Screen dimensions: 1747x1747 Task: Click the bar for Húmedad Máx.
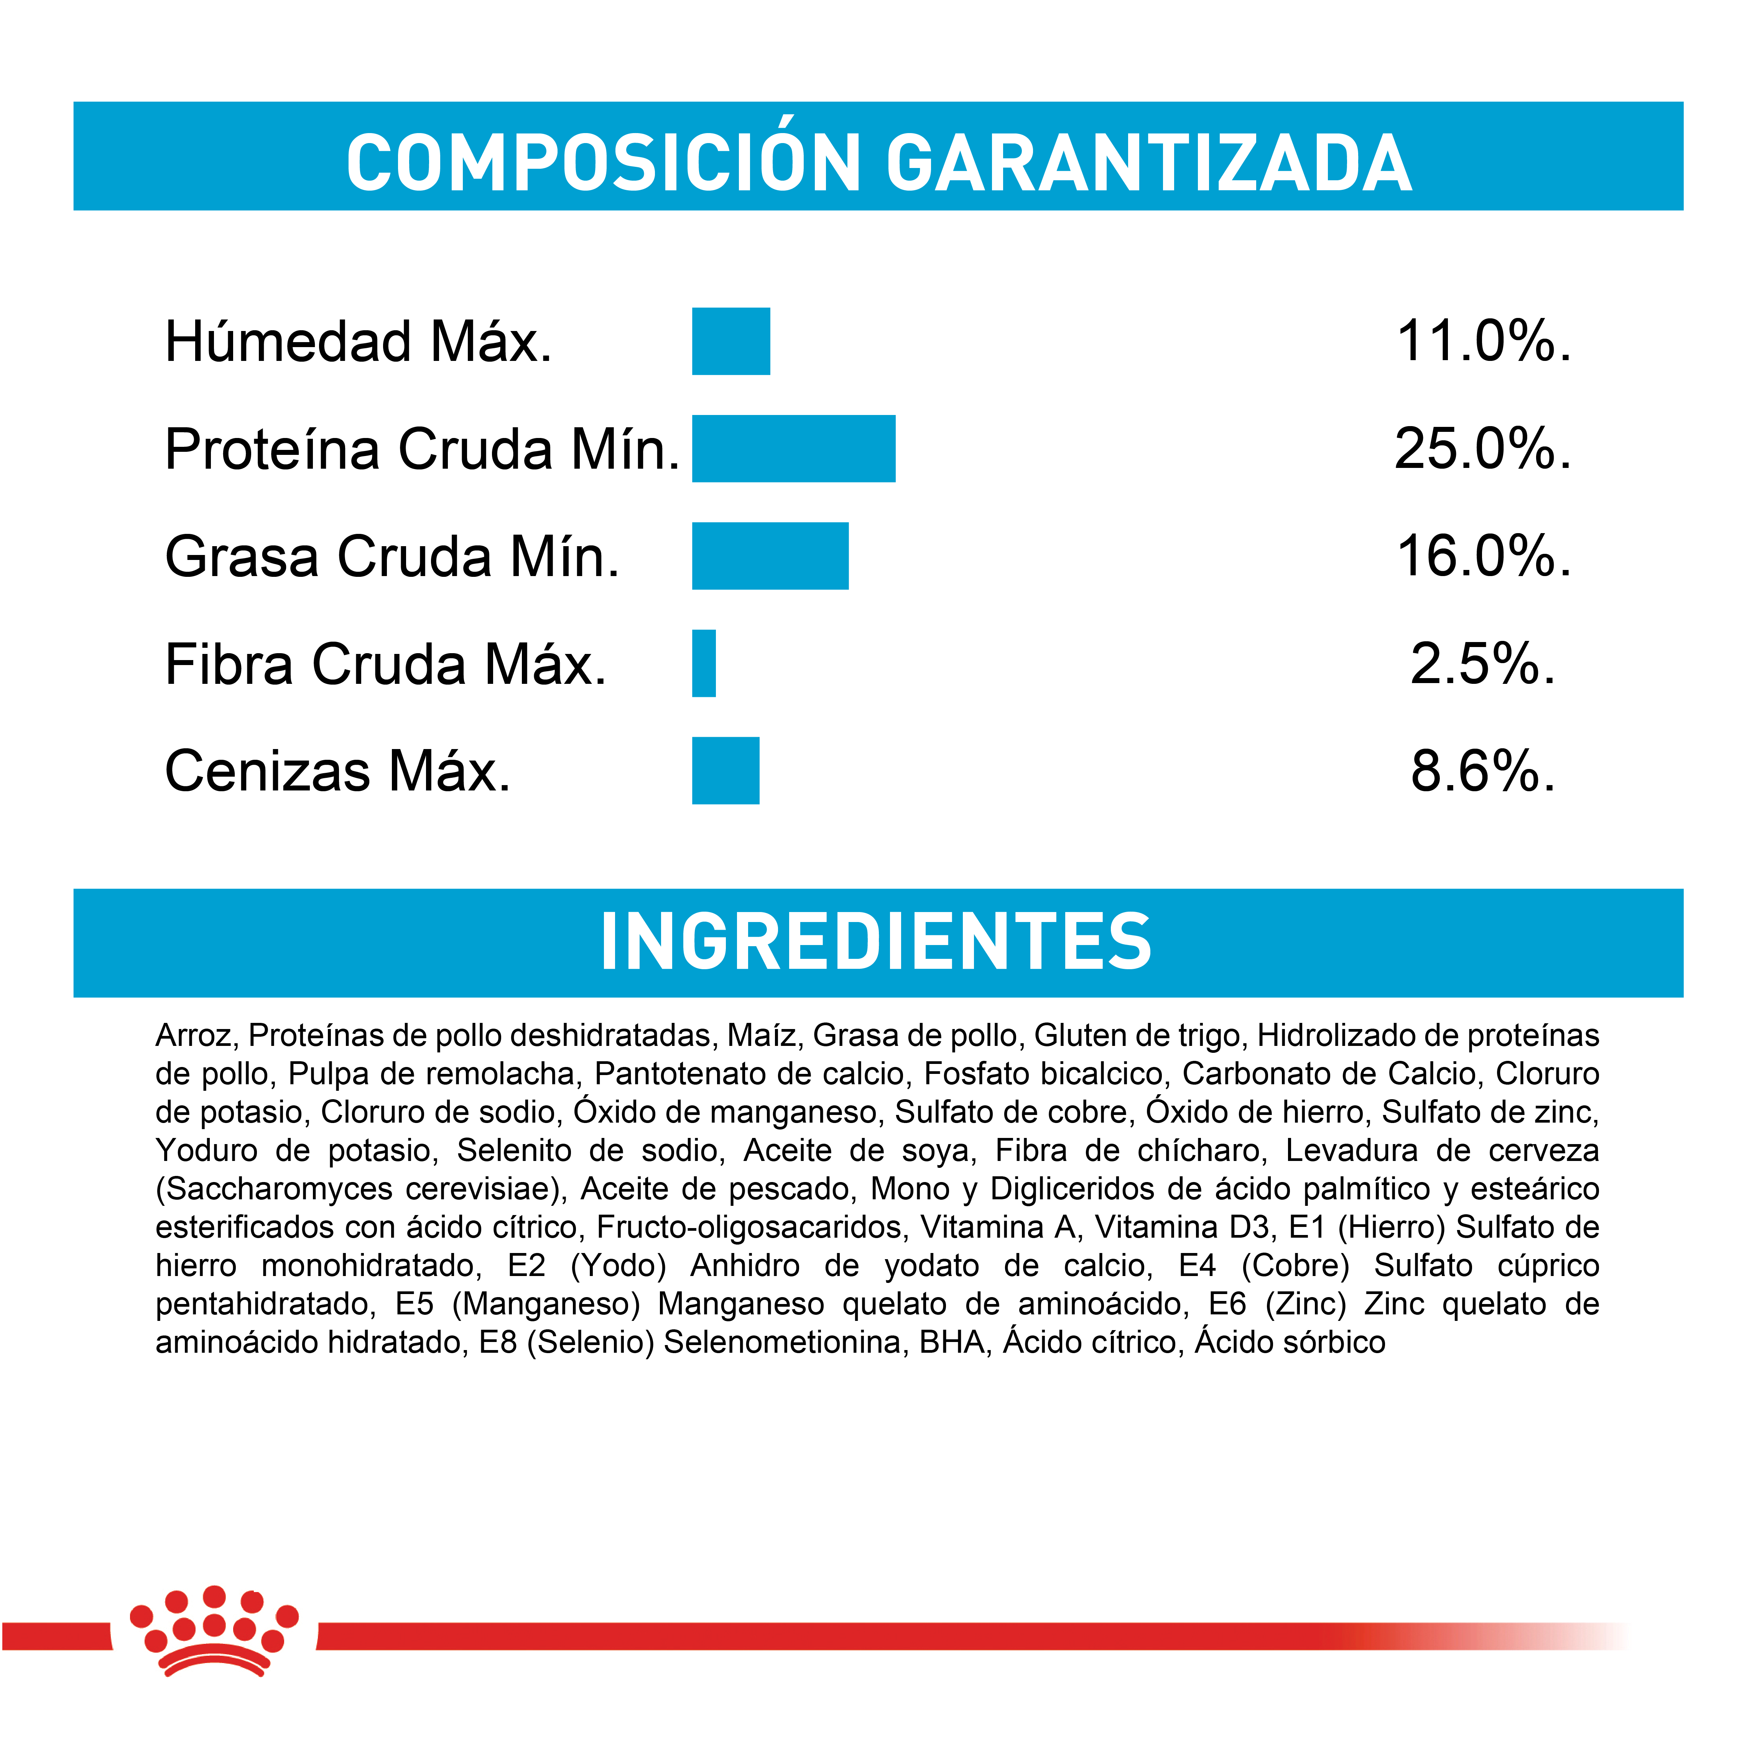[730, 341]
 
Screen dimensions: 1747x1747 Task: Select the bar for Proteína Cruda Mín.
[793, 448]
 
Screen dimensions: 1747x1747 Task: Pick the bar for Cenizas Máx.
[725, 771]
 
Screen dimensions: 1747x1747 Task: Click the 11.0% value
[1483, 342]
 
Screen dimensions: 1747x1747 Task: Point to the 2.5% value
[1483, 664]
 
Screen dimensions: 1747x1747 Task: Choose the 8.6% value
[1483, 771]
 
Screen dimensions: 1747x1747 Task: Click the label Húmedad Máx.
[358, 342]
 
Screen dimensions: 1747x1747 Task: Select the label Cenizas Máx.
[338, 771]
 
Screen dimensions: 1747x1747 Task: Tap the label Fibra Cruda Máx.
[385, 664]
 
